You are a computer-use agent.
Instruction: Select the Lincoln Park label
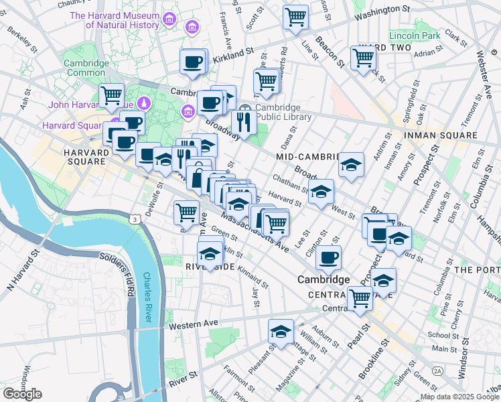(415, 35)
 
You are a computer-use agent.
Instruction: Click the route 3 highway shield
(136, 219)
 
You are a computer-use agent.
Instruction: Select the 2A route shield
(438, 370)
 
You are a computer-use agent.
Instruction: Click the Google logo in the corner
(22, 394)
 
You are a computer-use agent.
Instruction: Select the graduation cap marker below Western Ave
(281, 330)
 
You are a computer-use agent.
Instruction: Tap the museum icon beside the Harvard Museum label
(192, 27)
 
